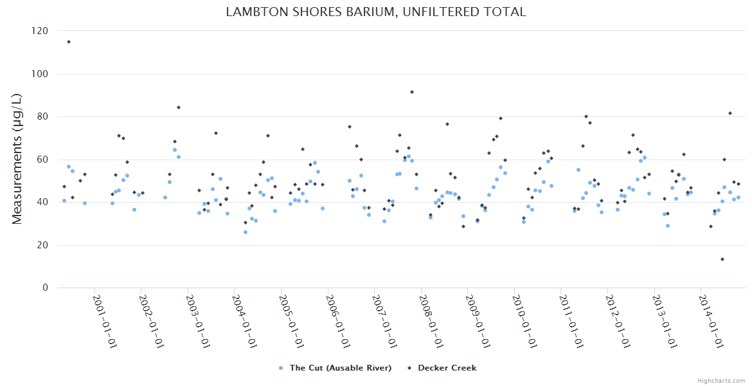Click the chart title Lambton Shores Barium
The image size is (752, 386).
tap(375, 12)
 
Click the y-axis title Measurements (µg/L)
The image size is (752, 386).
tap(17, 159)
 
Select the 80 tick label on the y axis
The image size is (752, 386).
tap(42, 116)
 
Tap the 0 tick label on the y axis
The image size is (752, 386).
tap(45, 288)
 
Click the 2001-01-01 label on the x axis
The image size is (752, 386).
tap(105, 321)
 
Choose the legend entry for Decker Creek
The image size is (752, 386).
tap(447, 368)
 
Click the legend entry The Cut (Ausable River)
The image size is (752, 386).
tap(340, 368)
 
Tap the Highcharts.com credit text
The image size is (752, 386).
tap(721, 380)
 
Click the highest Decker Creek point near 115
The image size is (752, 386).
tap(69, 42)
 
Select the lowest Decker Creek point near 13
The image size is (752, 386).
tap(722, 259)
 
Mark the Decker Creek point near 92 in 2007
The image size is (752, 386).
tap(412, 92)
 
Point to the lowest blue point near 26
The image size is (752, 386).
tap(245, 232)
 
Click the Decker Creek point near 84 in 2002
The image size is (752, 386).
tap(179, 107)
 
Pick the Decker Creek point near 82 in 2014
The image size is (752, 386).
tap(730, 113)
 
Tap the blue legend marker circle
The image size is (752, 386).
tap(281, 368)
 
